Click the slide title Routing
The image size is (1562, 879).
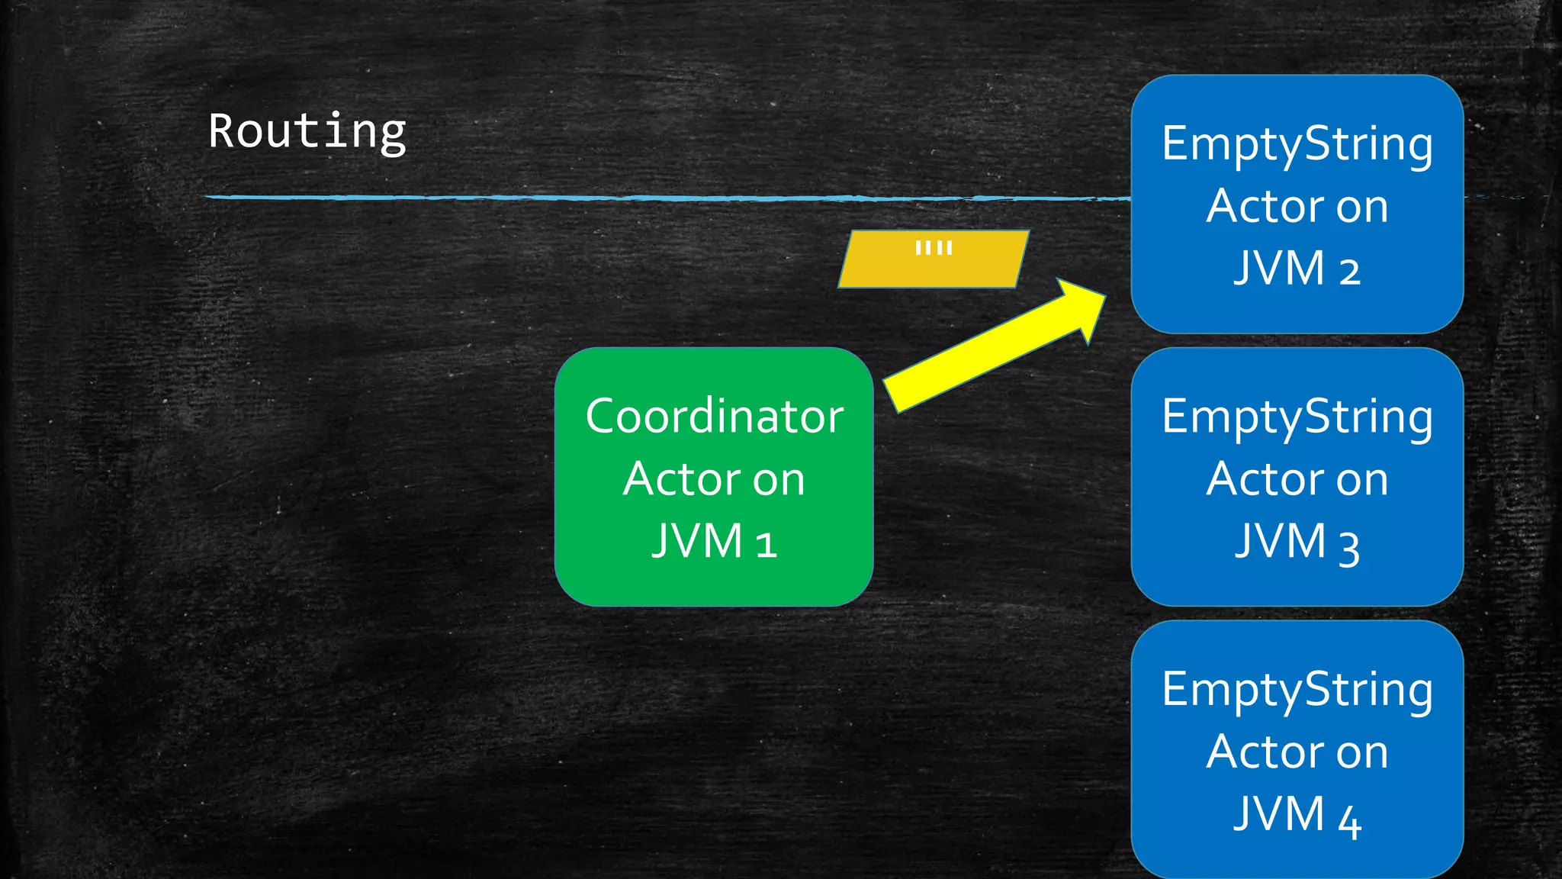pyautogui.click(x=307, y=131)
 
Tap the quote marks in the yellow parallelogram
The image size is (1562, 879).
pyautogui.click(x=934, y=247)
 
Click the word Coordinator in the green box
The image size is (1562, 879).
pyautogui.click(x=714, y=417)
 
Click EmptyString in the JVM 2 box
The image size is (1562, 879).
pyautogui.click(x=1297, y=145)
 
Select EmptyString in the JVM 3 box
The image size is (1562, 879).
pyautogui.click(x=1297, y=418)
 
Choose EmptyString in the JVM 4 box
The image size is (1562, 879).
pyautogui.click(x=1297, y=691)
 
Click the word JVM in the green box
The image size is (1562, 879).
pyautogui.click(x=697, y=542)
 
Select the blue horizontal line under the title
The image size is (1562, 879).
pyautogui.click(x=610, y=198)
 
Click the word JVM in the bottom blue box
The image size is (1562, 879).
pyautogui.click(x=1279, y=814)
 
